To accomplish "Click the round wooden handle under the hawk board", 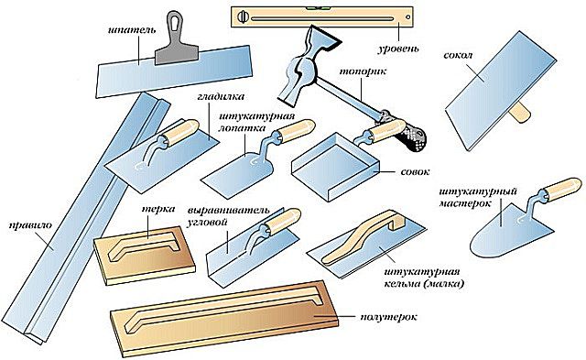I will tap(519, 113).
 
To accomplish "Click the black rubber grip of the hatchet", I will tap(408, 137).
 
